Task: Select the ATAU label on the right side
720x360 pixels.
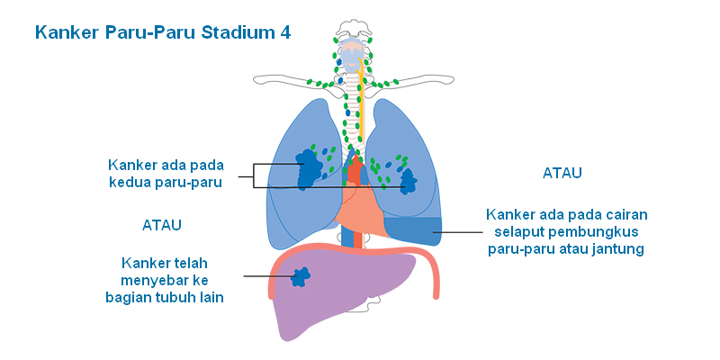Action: [562, 173]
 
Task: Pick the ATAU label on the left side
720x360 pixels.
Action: [168, 224]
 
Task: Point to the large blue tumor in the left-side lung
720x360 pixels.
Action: [309, 166]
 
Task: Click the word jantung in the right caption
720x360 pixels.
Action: [619, 249]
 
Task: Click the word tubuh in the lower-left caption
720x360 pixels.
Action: [171, 297]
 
